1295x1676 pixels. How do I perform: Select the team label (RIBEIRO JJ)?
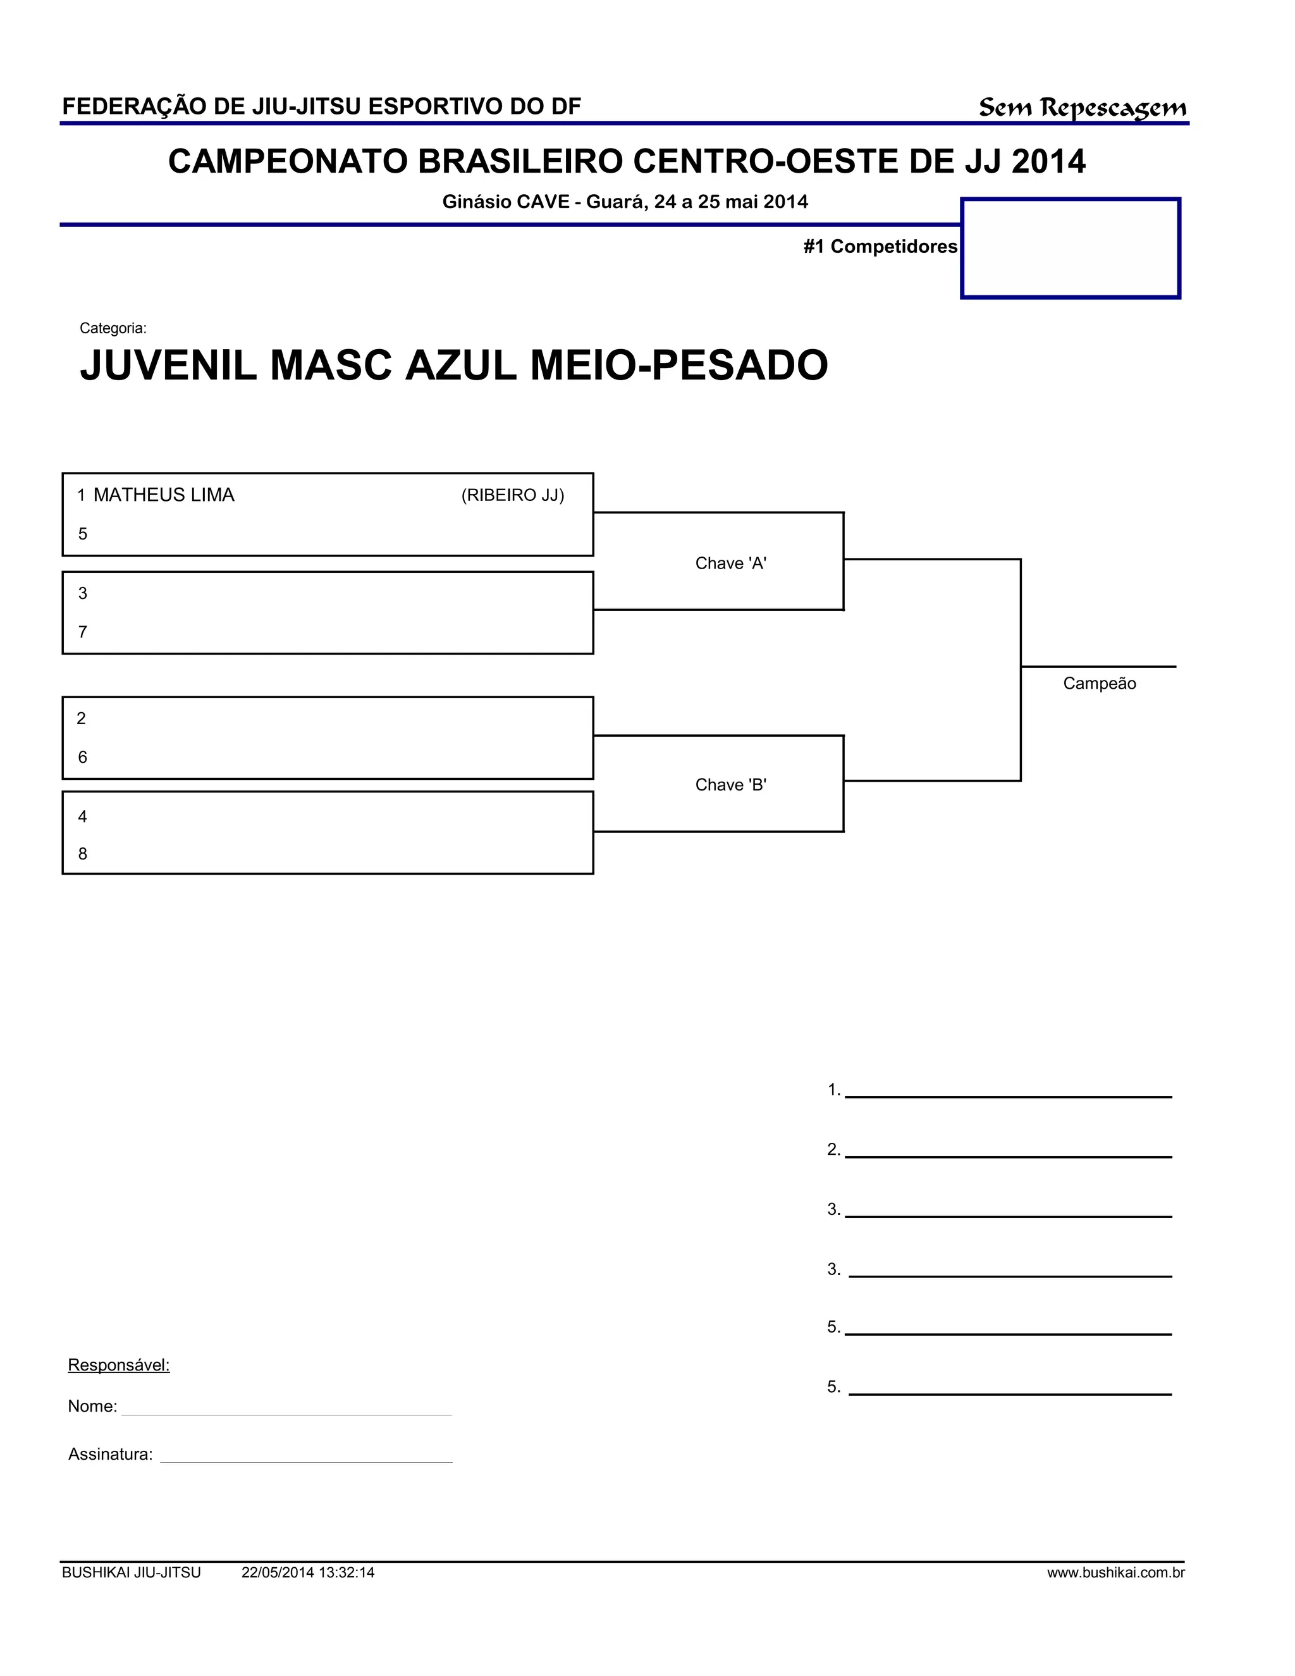tap(512, 496)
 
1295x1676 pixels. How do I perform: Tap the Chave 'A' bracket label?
tap(730, 564)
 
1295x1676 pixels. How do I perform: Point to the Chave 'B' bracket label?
tap(730, 784)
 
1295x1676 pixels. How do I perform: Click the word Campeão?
tap(1098, 684)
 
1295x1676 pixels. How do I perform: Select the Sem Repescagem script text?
tap(1082, 108)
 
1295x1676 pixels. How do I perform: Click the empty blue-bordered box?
tap(1071, 248)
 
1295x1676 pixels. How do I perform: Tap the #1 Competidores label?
tap(880, 246)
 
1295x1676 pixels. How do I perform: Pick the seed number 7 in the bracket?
tap(83, 632)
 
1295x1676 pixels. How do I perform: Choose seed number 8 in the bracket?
tap(83, 854)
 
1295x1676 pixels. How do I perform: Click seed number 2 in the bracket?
tap(82, 718)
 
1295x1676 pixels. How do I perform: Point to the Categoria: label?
tap(113, 328)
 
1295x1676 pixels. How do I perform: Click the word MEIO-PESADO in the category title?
tap(679, 366)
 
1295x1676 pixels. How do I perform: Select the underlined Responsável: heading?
tap(119, 1365)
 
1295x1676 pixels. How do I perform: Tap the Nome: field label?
tap(92, 1407)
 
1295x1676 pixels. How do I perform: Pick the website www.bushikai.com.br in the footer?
tap(1115, 1573)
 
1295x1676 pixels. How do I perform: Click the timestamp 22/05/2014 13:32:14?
tap(308, 1573)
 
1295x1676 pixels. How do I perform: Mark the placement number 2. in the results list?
tap(834, 1150)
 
